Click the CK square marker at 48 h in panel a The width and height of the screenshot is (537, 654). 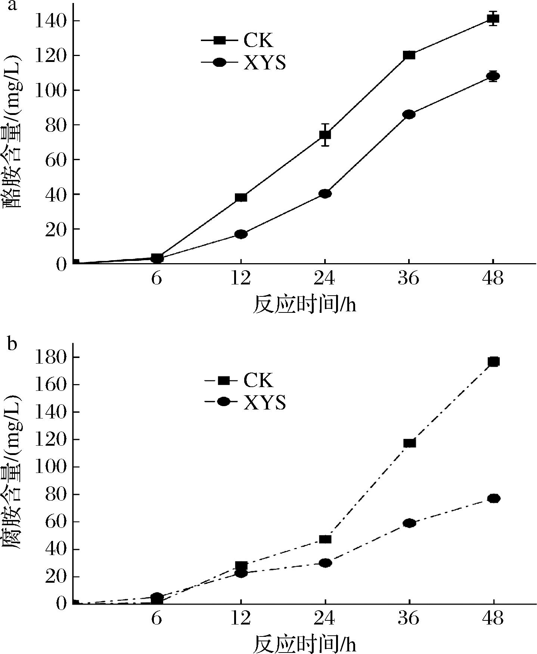pos(493,19)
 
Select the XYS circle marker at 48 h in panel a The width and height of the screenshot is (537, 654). pos(493,76)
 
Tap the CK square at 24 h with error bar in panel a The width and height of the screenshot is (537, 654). pos(325,135)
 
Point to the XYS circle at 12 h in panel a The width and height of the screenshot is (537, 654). pos(241,234)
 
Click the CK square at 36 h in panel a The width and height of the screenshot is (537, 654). pos(409,55)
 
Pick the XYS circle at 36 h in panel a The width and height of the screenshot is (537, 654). pos(409,114)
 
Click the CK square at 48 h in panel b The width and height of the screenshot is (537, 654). pos(493,361)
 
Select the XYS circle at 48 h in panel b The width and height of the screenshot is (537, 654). pos(493,498)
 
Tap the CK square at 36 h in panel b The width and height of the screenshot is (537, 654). pos(410,443)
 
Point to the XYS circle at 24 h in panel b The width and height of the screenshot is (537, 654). pos(325,563)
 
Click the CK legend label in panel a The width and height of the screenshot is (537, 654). pos(258,40)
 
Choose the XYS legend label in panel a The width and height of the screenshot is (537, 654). pos(265,62)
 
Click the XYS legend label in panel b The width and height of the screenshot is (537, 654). pos(265,402)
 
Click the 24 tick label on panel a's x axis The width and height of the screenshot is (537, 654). pos(325,279)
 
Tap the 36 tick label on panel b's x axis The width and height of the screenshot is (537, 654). pos(409,619)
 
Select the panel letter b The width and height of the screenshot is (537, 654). pos(12,344)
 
